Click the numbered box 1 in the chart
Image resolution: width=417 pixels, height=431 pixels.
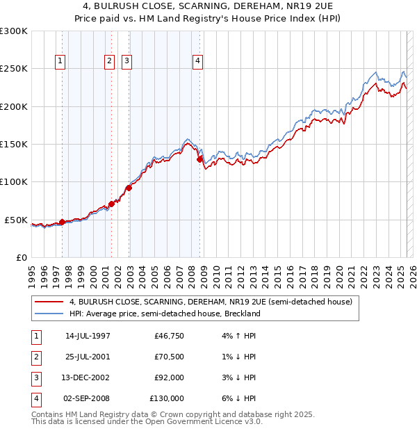click(60, 61)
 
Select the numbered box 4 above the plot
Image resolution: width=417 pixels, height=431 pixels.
click(198, 61)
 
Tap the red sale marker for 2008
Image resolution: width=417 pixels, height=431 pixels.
click(199, 159)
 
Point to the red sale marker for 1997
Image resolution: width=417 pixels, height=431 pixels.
click(62, 222)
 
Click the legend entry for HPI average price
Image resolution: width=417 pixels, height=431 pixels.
click(164, 314)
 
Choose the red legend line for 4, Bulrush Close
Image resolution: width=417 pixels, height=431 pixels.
click(49, 302)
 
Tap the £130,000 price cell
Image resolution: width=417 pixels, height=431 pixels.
click(167, 399)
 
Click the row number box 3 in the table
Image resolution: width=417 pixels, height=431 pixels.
click(35, 378)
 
